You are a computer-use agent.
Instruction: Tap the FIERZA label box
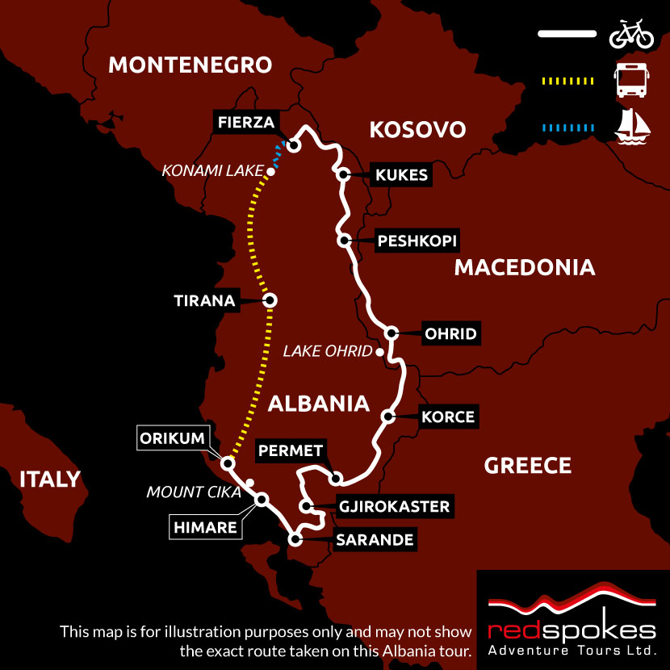coord(246,123)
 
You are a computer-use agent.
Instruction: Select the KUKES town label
coord(400,175)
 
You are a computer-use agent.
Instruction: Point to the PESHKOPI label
coord(417,241)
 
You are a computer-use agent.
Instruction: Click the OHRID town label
coord(450,333)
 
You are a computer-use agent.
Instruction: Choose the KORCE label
coord(448,417)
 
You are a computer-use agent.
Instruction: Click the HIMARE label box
coord(204,529)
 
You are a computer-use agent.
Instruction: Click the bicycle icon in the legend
coord(631,35)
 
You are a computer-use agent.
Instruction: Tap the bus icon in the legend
coord(631,80)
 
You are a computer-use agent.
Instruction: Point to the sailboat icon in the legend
coord(632,127)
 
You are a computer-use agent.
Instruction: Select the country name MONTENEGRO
coord(190,65)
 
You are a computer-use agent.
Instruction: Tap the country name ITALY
coord(50,479)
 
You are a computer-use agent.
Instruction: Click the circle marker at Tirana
coord(270,300)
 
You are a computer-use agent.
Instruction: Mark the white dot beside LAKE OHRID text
coord(379,352)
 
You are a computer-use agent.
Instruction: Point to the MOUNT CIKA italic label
coord(193,492)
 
